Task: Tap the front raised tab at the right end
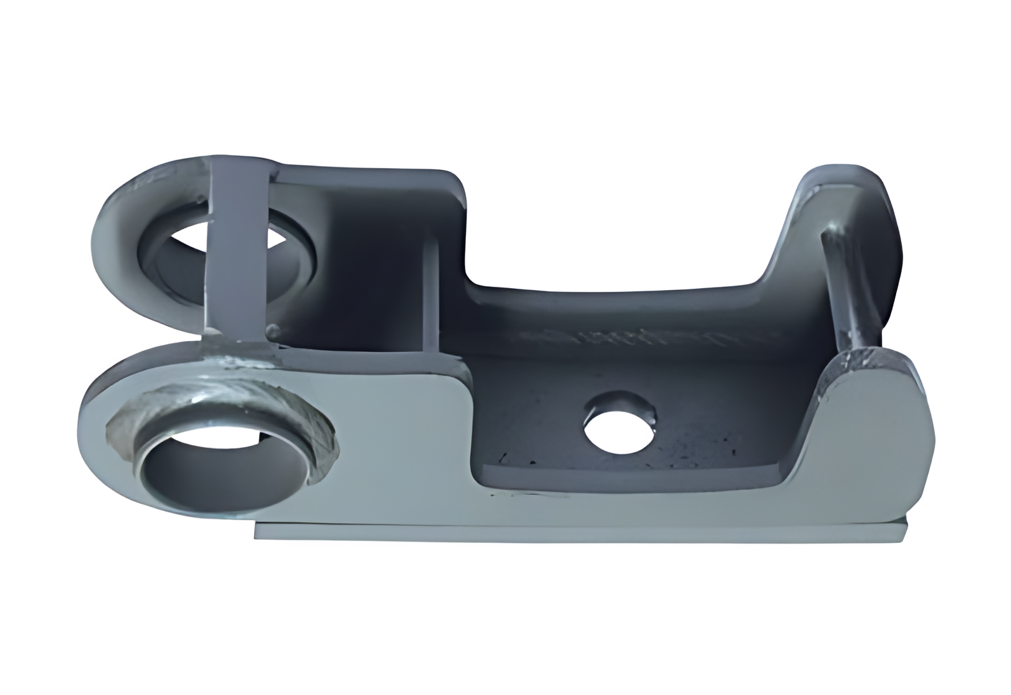coord(874,396)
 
